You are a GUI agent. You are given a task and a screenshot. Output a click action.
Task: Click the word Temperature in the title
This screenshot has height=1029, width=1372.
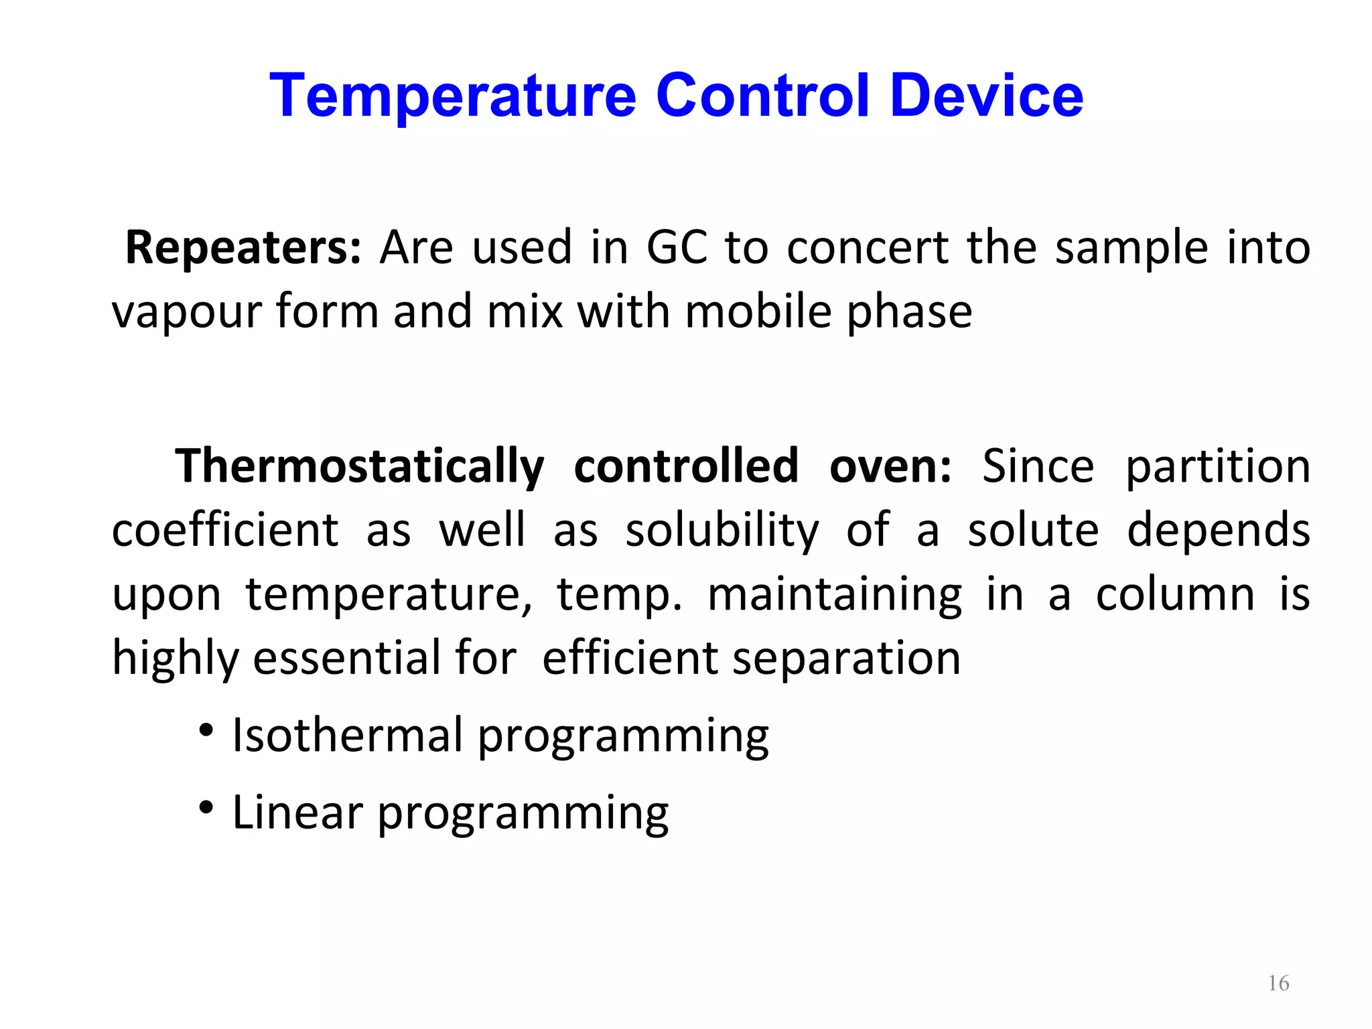(452, 97)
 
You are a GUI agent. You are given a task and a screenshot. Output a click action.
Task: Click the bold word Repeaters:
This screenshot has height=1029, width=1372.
(243, 249)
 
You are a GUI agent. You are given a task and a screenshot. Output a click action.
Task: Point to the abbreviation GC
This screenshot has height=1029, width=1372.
(677, 248)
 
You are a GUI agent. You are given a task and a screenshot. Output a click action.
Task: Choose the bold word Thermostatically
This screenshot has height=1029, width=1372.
(360, 467)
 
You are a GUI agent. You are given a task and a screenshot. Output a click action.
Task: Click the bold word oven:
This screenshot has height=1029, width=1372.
(890, 467)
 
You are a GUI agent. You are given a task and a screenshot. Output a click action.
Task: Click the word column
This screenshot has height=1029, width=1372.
(1175, 594)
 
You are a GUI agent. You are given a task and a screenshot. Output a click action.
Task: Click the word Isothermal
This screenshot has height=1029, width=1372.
(347, 736)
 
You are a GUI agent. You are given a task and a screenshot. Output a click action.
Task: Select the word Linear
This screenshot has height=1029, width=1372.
(297, 813)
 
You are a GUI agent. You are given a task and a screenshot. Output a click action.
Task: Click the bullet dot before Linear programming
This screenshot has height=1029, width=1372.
(206, 807)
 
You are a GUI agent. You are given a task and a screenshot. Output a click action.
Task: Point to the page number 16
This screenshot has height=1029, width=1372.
(1278, 983)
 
